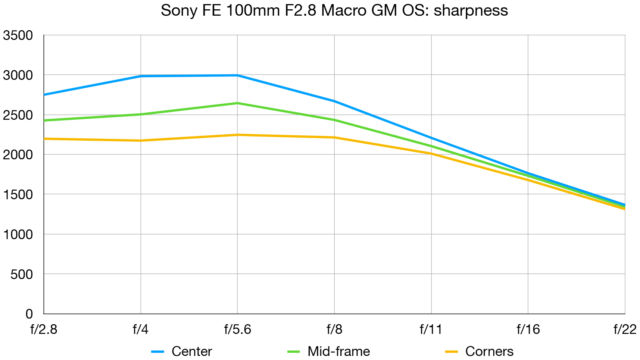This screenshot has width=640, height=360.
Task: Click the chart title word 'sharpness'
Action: coord(471,10)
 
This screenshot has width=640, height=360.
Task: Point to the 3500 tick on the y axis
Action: coord(18,35)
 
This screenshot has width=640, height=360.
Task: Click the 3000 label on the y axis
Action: coord(18,75)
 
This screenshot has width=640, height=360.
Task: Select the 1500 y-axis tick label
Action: coord(18,194)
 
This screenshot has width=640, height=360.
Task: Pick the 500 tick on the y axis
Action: coord(22,274)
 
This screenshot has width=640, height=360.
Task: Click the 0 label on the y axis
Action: coord(29,314)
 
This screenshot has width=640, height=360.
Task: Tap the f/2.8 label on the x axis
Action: coord(44,329)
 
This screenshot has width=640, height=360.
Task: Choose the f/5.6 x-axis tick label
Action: coord(237,329)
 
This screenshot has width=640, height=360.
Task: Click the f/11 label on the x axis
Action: coord(431,329)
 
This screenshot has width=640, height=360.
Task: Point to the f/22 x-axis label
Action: coord(625,329)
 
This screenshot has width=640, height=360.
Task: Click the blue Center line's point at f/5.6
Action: coord(237,75)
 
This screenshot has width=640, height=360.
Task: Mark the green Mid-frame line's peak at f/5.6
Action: coord(237,103)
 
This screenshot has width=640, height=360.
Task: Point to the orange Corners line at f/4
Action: coord(141,141)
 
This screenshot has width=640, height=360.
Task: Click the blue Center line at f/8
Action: coord(334,101)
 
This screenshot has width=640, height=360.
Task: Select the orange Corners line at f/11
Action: coord(431,153)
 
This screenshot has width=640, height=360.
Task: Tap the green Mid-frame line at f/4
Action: coord(141,114)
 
